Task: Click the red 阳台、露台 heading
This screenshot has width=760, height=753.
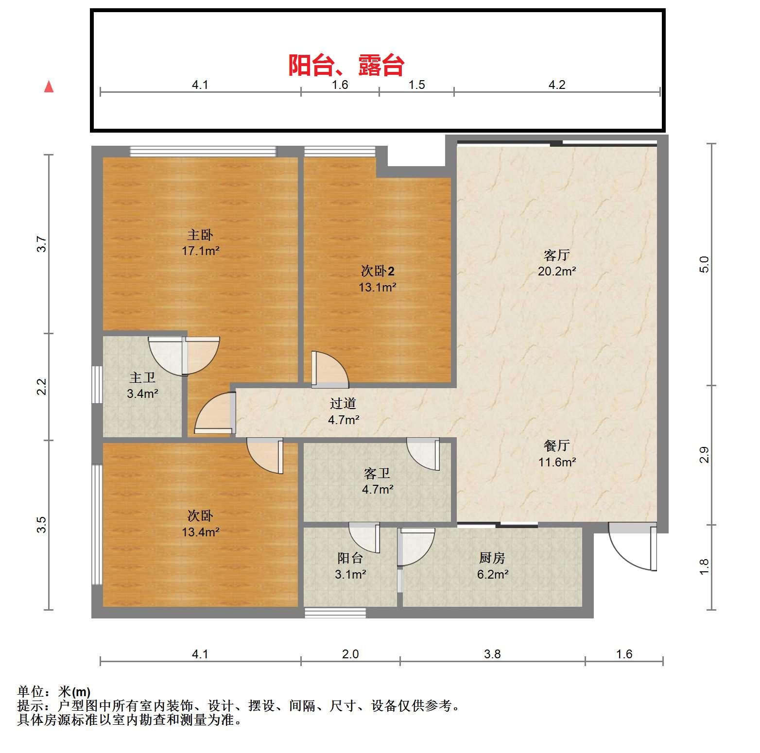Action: [x=346, y=65]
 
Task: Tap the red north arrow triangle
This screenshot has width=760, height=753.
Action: [x=49, y=87]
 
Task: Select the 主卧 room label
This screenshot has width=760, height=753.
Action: [x=200, y=235]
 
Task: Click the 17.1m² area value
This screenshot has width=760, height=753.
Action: [x=200, y=251]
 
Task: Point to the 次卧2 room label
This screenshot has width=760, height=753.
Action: [x=378, y=271]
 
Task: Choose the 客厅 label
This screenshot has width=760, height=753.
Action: [x=556, y=255]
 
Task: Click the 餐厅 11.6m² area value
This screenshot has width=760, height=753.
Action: [x=557, y=462]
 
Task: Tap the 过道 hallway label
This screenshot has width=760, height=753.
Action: [x=343, y=403]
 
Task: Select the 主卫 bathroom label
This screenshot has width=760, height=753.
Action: [x=142, y=377]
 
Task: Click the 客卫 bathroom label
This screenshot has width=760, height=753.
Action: [x=377, y=473]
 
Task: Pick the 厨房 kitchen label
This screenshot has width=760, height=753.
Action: [x=492, y=558]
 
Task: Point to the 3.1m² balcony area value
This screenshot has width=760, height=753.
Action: [x=350, y=575]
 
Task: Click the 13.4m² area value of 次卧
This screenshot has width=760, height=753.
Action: [x=200, y=532]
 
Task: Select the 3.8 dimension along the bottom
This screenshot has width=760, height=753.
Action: [x=492, y=654]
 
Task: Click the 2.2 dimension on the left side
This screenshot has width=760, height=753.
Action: [x=42, y=387]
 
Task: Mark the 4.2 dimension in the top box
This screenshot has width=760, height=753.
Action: [x=557, y=85]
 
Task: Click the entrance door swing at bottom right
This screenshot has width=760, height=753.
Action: [x=632, y=546]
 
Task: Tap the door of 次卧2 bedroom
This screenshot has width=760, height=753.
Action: [x=330, y=369]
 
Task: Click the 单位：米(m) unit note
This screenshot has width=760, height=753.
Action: [x=53, y=691]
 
